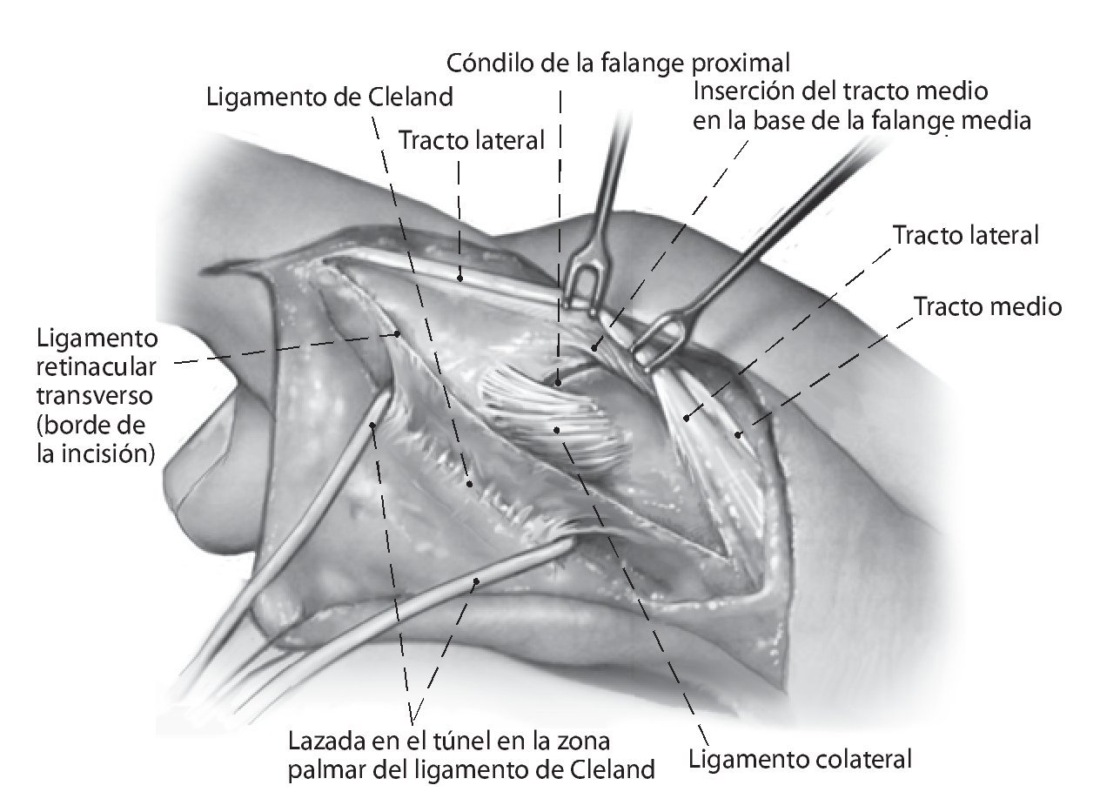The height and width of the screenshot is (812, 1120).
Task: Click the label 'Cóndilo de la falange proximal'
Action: click(618, 64)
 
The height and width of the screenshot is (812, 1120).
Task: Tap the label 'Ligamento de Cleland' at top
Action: click(330, 97)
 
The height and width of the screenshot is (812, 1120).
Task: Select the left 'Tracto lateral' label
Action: click(472, 139)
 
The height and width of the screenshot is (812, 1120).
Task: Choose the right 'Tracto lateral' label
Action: click(966, 235)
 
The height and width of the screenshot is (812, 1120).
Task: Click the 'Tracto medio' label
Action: click(987, 307)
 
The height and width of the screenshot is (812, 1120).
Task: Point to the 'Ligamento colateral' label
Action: click(800, 759)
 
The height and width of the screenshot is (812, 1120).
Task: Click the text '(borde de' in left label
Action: click(91, 426)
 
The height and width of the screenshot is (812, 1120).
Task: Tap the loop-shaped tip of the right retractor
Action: click(658, 344)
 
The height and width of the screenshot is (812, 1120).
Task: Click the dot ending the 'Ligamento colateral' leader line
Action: click(557, 429)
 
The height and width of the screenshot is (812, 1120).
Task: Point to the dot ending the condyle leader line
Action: click(557, 380)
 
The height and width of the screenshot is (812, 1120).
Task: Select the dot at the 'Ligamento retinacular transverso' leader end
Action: click(397, 332)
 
